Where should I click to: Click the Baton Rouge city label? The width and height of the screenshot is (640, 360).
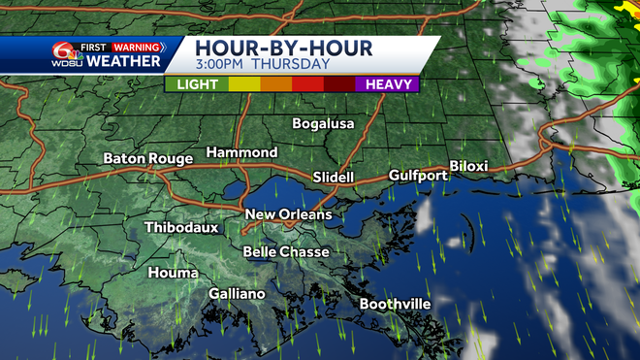tap(147, 158)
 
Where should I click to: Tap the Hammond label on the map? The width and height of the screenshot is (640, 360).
tap(241, 153)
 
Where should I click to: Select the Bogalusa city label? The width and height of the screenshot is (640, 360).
tap(324, 124)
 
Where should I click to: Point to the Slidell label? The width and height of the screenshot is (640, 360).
tap(334, 178)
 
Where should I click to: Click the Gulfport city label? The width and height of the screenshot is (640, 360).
tap(418, 176)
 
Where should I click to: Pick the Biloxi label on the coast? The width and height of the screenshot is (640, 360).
tap(468, 166)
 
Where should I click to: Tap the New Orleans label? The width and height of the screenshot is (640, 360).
tap(288, 214)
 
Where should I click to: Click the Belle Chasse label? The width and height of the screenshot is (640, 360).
tap(286, 252)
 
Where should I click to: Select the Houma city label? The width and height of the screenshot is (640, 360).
tap(173, 273)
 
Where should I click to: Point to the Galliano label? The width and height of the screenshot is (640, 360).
tap(238, 293)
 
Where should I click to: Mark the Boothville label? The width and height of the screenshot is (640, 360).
tap(395, 304)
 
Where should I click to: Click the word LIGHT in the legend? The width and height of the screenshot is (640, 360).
tap(197, 84)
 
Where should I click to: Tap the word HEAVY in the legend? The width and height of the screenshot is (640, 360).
tap(388, 84)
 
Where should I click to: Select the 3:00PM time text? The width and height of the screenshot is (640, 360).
tap(222, 65)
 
